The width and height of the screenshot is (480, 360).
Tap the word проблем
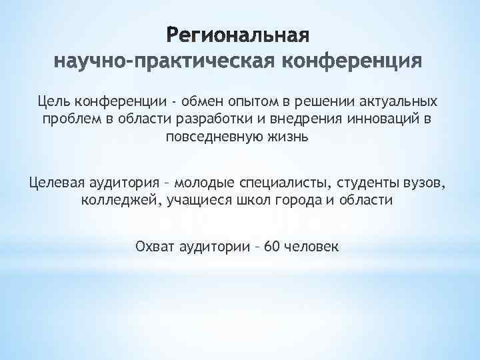pyautogui.click(x=70, y=120)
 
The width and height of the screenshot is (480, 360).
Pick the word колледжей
pyautogui.click(x=115, y=200)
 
